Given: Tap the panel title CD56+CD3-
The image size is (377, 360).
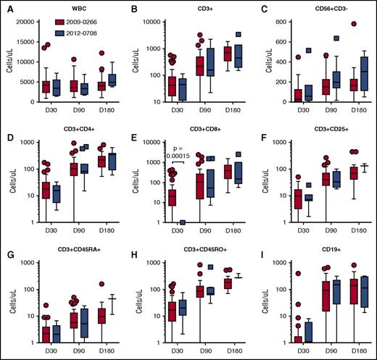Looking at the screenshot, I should tap(323, 9).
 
